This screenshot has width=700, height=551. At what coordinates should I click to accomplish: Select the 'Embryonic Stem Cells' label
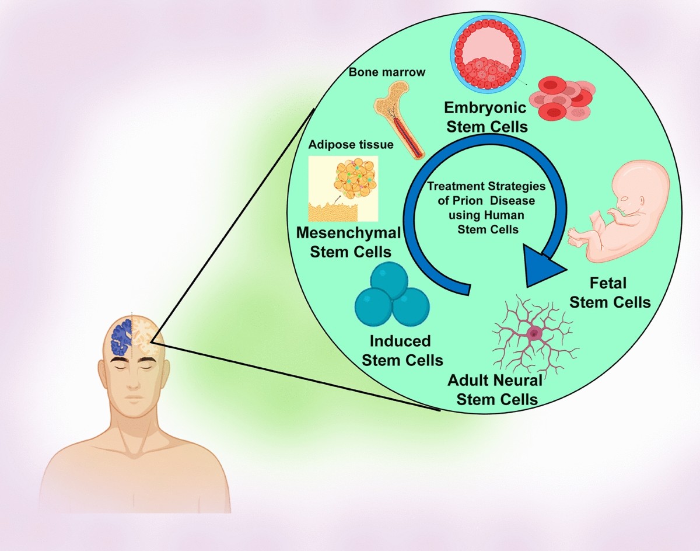click(485, 117)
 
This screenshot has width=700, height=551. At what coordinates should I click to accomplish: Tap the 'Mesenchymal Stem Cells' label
click(348, 242)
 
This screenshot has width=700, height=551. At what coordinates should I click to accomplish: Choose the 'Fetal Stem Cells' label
click(610, 293)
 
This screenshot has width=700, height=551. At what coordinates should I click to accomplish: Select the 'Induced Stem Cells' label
click(402, 350)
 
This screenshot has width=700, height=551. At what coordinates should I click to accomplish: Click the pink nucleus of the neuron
click(534, 333)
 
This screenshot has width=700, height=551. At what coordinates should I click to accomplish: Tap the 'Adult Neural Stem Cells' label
click(496, 390)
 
